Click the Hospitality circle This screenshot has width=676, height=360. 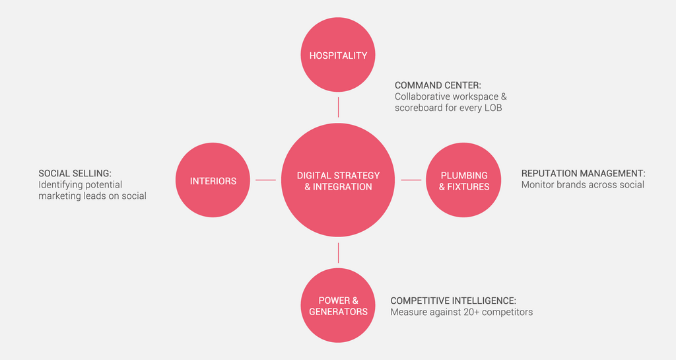[338, 55]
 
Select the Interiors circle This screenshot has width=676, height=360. [213, 180]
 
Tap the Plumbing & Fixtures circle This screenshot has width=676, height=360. [463, 180]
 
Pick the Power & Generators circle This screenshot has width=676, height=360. [338, 306]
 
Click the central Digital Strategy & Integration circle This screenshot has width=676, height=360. [338, 180]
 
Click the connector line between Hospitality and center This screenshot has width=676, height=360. [338, 108]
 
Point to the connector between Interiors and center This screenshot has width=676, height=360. [265, 180]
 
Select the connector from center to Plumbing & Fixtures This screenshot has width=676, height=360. [411, 180]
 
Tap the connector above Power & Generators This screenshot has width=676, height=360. [338, 253]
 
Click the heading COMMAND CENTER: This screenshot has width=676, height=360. [438, 85]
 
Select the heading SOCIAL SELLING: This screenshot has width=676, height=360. [75, 174]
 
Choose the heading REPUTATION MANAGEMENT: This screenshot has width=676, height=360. [583, 174]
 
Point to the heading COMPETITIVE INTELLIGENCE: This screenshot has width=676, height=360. [453, 301]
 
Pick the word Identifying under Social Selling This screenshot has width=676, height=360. [61, 185]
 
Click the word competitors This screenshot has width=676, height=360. [508, 312]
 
